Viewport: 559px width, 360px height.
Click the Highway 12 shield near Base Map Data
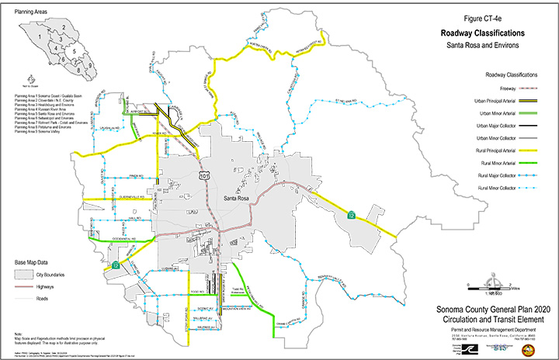pyautogui.click(x=116, y=265)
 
